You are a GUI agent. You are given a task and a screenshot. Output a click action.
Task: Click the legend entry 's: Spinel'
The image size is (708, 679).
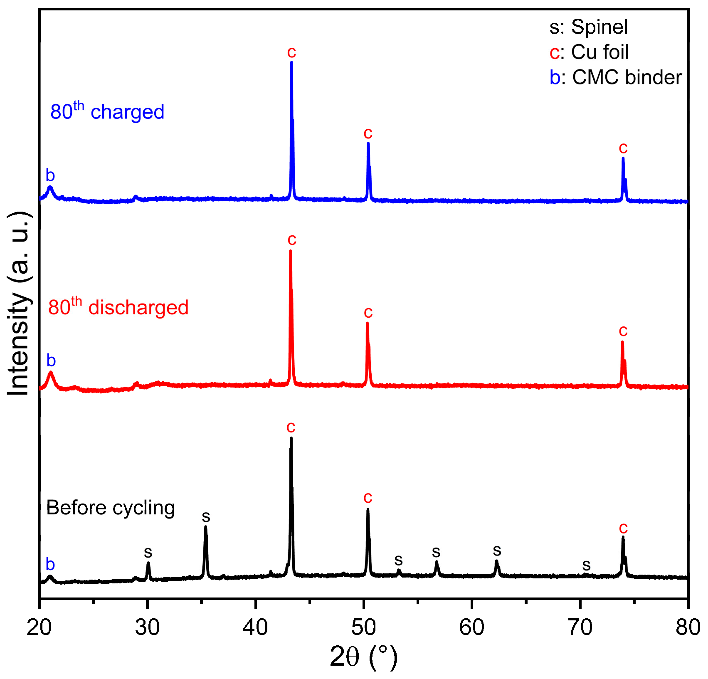(x=588, y=27)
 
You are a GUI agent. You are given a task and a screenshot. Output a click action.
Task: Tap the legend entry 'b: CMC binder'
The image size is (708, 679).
(x=615, y=78)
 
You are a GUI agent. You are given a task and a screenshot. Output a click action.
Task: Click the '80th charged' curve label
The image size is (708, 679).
(x=107, y=111)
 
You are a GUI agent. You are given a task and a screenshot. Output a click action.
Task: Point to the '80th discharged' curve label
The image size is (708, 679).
(x=118, y=307)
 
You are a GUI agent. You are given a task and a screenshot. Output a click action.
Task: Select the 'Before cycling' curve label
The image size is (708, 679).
(x=110, y=508)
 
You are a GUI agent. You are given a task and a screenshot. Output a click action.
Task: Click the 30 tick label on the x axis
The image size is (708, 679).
(x=147, y=627)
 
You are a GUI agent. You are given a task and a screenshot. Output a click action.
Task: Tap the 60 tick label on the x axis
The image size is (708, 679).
(x=472, y=627)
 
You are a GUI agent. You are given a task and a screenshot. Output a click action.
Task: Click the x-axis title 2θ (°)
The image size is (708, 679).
(x=363, y=657)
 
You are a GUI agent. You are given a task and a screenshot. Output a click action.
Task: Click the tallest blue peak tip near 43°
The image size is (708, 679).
(x=291, y=62)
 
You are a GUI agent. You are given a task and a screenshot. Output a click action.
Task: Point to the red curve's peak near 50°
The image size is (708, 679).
(x=367, y=323)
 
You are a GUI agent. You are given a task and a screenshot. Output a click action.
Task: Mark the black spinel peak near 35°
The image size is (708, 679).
(x=205, y=527)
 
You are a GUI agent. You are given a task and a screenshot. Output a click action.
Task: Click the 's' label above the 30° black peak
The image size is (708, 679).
(x=148, y=553)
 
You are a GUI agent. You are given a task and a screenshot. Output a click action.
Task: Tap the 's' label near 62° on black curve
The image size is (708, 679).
(x=497, y=551)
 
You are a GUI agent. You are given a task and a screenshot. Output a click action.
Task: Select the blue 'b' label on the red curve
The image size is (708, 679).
(x=51, y=360)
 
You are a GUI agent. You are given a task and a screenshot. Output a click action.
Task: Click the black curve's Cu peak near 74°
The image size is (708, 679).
(x=623, y=537)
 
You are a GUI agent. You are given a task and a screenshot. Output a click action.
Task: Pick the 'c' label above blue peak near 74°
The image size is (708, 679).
(x=623, y=148)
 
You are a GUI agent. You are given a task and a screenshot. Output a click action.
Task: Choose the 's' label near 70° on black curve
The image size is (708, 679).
(x=586, y=565)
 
